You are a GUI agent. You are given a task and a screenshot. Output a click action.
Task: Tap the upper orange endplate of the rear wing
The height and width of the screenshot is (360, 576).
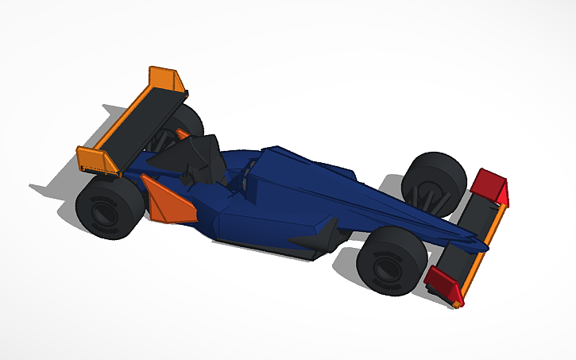click(x=167, y=79)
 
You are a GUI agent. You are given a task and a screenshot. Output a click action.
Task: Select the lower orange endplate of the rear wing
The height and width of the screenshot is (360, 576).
click(x=94, y=158)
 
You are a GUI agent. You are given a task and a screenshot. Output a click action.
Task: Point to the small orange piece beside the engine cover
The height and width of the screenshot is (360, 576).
click(x=184, y=134)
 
